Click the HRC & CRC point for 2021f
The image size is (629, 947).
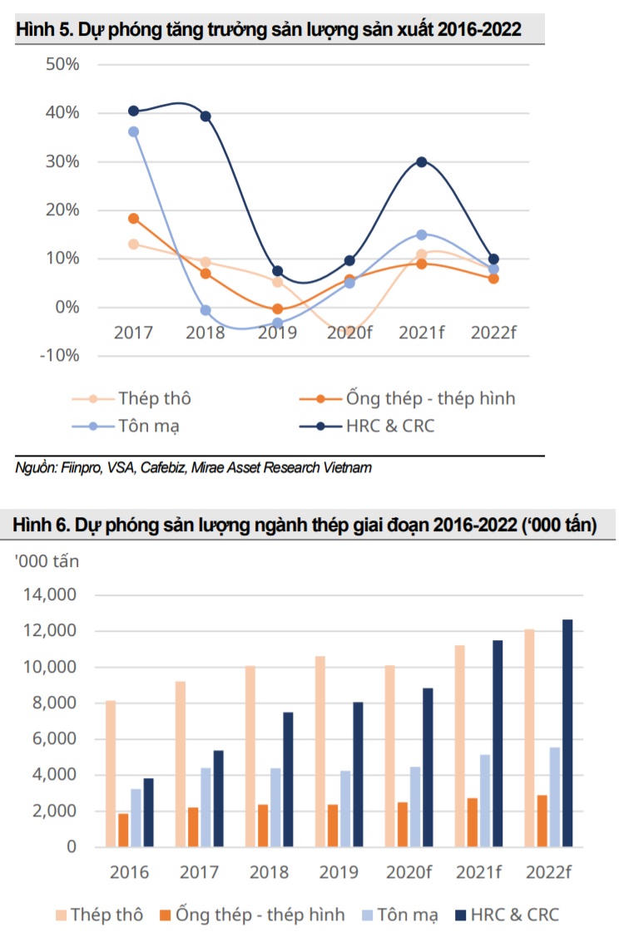[x=422, y=162]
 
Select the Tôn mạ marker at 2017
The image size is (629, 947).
[x=133, y=131]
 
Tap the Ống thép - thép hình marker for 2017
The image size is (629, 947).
[x=133, y=219]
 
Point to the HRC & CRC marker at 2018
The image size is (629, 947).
[x=206, y=116]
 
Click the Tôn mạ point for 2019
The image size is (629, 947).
[x=278, y=323]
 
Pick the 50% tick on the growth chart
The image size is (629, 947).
[x=62, y=64]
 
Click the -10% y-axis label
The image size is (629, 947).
[x=59, y=356]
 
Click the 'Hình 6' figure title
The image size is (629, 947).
[x=304, y=525]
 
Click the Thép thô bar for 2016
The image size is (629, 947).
[x=111, y=773]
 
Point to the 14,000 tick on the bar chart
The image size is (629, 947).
[x=51, y=595]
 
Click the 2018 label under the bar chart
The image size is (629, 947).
[x=270, y=872]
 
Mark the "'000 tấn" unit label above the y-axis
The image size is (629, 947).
[x=47, y=561]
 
